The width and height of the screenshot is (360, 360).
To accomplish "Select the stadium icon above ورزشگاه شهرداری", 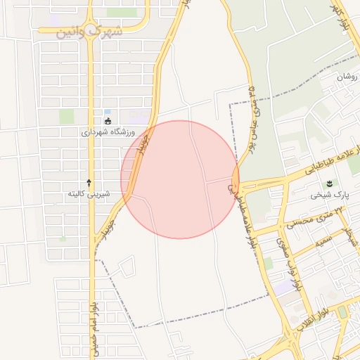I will tap(107, 121).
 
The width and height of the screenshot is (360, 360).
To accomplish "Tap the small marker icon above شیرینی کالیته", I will tap(89, 182).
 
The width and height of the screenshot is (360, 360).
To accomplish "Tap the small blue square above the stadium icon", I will tap(107, 112).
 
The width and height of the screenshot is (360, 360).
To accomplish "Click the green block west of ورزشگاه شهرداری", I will tap(66, 116).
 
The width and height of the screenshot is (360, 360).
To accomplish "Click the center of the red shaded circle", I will tap(180, 179).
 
